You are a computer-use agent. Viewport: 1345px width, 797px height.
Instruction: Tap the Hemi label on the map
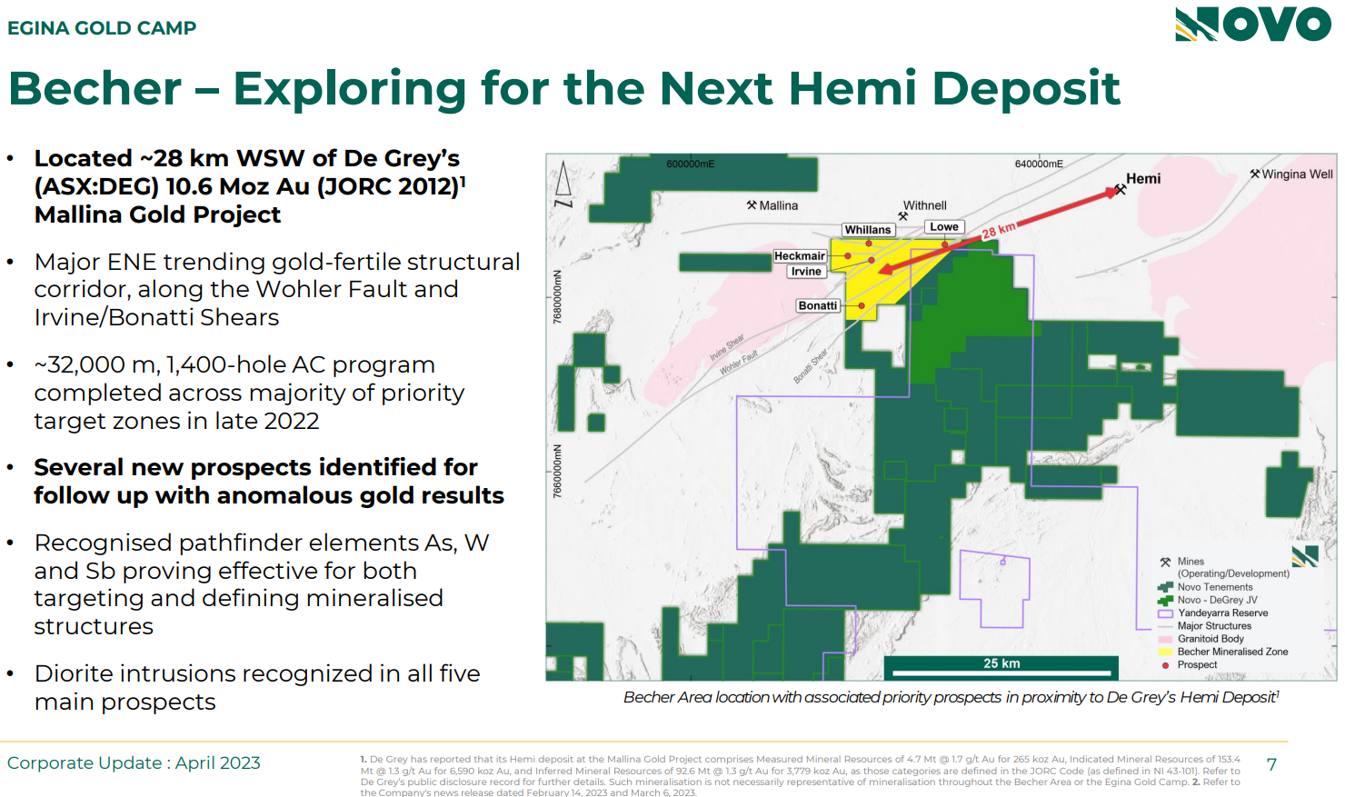(x=1143, y=178)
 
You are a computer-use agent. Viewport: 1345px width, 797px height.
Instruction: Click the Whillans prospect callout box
(x=868, y=230)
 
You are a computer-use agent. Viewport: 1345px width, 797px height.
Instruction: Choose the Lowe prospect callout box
(x=944, y=227)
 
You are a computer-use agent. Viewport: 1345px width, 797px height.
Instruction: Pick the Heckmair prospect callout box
(x=799, y=256)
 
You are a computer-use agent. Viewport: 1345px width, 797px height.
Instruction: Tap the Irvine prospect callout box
(x=806, y=272)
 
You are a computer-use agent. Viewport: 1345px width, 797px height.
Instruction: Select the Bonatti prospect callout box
(x=817, y=305)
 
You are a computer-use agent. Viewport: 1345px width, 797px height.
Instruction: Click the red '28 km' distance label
(x=999, y=230)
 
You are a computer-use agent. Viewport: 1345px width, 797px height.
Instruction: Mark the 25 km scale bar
(x=1001, y=667)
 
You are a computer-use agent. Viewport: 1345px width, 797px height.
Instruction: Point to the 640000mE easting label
(x=1039, y=164)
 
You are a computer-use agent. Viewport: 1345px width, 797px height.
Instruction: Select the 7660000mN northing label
(x=558, y=472)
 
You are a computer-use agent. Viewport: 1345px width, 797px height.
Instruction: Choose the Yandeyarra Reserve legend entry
(x=1213, y=613)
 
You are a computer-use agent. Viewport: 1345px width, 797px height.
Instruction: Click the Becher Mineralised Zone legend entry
(x=1222, y=652)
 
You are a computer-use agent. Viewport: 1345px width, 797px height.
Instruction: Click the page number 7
(x=1271, y=764)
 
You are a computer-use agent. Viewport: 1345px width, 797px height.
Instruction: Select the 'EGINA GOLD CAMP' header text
(x=102, y=27)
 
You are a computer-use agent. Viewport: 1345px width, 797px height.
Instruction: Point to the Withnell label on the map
(x=925, y=205)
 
